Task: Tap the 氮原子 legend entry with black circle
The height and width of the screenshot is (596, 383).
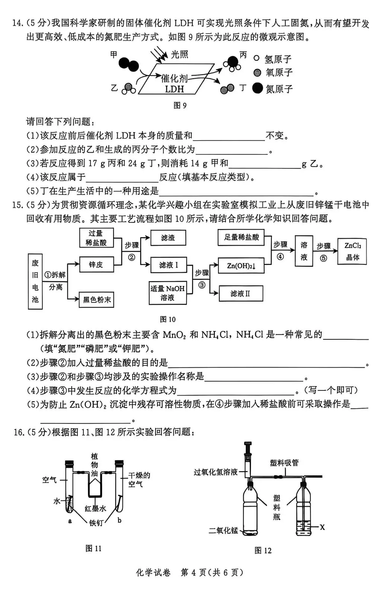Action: point(274,89)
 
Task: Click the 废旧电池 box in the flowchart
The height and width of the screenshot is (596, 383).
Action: point(35,281)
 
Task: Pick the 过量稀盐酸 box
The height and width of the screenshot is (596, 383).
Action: point(96,238)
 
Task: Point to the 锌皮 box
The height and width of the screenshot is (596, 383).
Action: point(96,264)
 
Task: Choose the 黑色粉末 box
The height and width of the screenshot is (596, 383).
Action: point(96,299)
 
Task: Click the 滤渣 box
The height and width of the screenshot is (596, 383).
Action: point(168,238)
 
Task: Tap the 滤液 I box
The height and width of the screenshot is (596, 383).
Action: point(168,265)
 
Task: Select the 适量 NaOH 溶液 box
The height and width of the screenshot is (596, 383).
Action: point(167,293)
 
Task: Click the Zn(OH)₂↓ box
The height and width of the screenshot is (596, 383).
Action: point(241,266)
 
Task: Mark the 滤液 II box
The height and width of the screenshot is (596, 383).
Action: point(240,294)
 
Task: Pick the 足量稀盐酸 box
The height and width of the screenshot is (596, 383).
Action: point(241,237)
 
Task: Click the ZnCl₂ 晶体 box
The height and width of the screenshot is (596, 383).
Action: point(352,251)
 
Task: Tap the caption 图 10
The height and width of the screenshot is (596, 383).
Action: point(167,319)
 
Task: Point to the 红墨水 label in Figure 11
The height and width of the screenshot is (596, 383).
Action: point(95,508)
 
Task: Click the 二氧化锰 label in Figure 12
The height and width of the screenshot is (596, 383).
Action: point(223,530)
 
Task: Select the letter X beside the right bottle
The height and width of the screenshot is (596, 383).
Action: point(322,527)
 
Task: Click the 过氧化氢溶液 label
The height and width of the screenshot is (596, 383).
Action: point(216,472)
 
